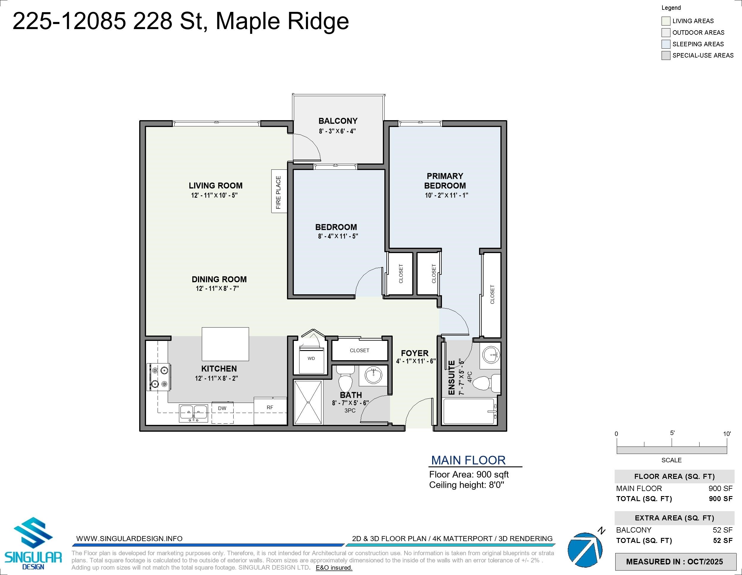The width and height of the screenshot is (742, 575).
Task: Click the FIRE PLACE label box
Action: coord(279,192)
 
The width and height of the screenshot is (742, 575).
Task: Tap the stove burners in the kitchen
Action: coord(159,377)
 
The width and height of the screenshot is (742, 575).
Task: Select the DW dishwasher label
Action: coord(222,408)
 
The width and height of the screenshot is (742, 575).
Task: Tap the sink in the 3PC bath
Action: coord(373,375)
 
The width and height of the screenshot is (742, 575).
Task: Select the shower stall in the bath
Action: coord(308,402)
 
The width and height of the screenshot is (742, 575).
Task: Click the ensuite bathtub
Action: coord(469,411)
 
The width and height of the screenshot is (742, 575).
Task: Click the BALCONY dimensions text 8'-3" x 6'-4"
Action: coord(337,131)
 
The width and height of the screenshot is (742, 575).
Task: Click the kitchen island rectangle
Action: coord(225,344)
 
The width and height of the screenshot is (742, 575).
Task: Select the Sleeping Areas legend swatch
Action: coord(666,44)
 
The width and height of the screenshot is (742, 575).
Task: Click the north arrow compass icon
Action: coord(585,549)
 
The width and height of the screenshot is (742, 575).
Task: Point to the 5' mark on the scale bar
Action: coord(672,443)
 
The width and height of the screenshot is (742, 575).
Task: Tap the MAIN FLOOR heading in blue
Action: coord(468,460)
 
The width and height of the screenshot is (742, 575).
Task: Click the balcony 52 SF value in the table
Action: coord(722,530)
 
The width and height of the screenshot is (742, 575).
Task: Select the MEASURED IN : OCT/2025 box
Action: coord(674,562)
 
